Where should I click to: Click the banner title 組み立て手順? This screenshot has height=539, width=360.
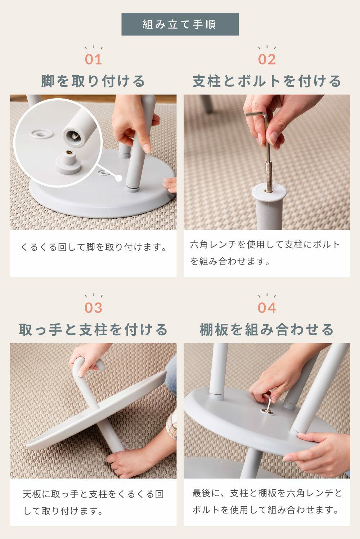[x=179, y=24]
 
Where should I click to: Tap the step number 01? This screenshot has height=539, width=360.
[x=94, y=59]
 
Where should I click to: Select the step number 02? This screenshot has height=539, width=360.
[x=267, y=59]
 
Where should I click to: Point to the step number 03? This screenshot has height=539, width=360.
[x=94, y=308]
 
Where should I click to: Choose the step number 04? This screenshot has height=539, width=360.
[x=267, y=308]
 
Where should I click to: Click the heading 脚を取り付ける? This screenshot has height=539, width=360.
[x=93, y=81]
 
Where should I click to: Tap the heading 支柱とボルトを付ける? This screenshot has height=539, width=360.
[x=267, y=81]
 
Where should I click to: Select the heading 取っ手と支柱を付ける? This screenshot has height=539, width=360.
[x=93, y=330]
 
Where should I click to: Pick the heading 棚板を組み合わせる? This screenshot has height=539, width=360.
[x=267, y=330]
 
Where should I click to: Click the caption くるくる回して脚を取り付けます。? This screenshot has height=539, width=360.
[x=94, y=247]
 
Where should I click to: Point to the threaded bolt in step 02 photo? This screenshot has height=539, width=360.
[x=269, y=177]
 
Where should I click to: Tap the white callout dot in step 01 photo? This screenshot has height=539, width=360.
[x=119, y=178]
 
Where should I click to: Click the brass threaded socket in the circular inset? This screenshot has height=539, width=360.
[x=69, y=153]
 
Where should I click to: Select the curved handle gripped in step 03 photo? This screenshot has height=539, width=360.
[x=88, y=363]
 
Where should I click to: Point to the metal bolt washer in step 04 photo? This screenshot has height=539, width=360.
[x=267, y=412]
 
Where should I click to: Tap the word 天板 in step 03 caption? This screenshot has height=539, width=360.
[x=32, y=494]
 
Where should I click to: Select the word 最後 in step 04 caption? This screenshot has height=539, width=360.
[x=202, y=493]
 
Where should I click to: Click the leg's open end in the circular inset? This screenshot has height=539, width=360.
[x=74, y=136]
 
